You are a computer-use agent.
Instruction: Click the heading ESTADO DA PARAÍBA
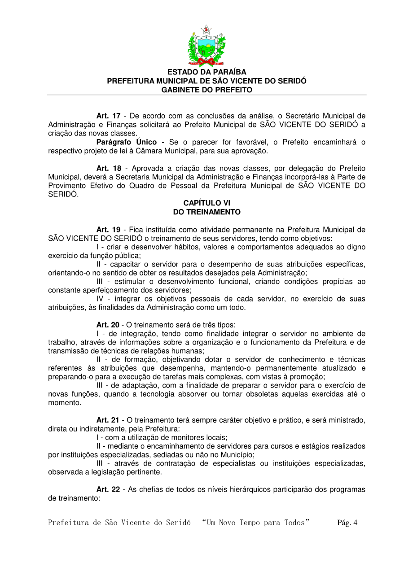tap(206, 72)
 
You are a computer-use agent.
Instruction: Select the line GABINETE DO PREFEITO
tap(206, 90)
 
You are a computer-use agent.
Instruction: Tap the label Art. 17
tap(108, 116)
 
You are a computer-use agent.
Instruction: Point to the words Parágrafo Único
tap(127, 142)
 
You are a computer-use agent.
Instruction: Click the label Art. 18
tap(108, 168)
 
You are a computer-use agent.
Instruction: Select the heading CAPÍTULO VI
tap(206, 203)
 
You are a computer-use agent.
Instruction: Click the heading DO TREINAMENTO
tap(206, 212)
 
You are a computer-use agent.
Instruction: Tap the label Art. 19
tap(108, 230)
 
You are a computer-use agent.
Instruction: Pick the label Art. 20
tap(108, 325)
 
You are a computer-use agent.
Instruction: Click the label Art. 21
tap(108, 420)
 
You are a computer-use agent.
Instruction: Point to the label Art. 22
tap(108, 489)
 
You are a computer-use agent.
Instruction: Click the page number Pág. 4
tap(347, 523)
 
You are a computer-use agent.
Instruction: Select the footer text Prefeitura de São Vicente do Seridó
tap(119, 523)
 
